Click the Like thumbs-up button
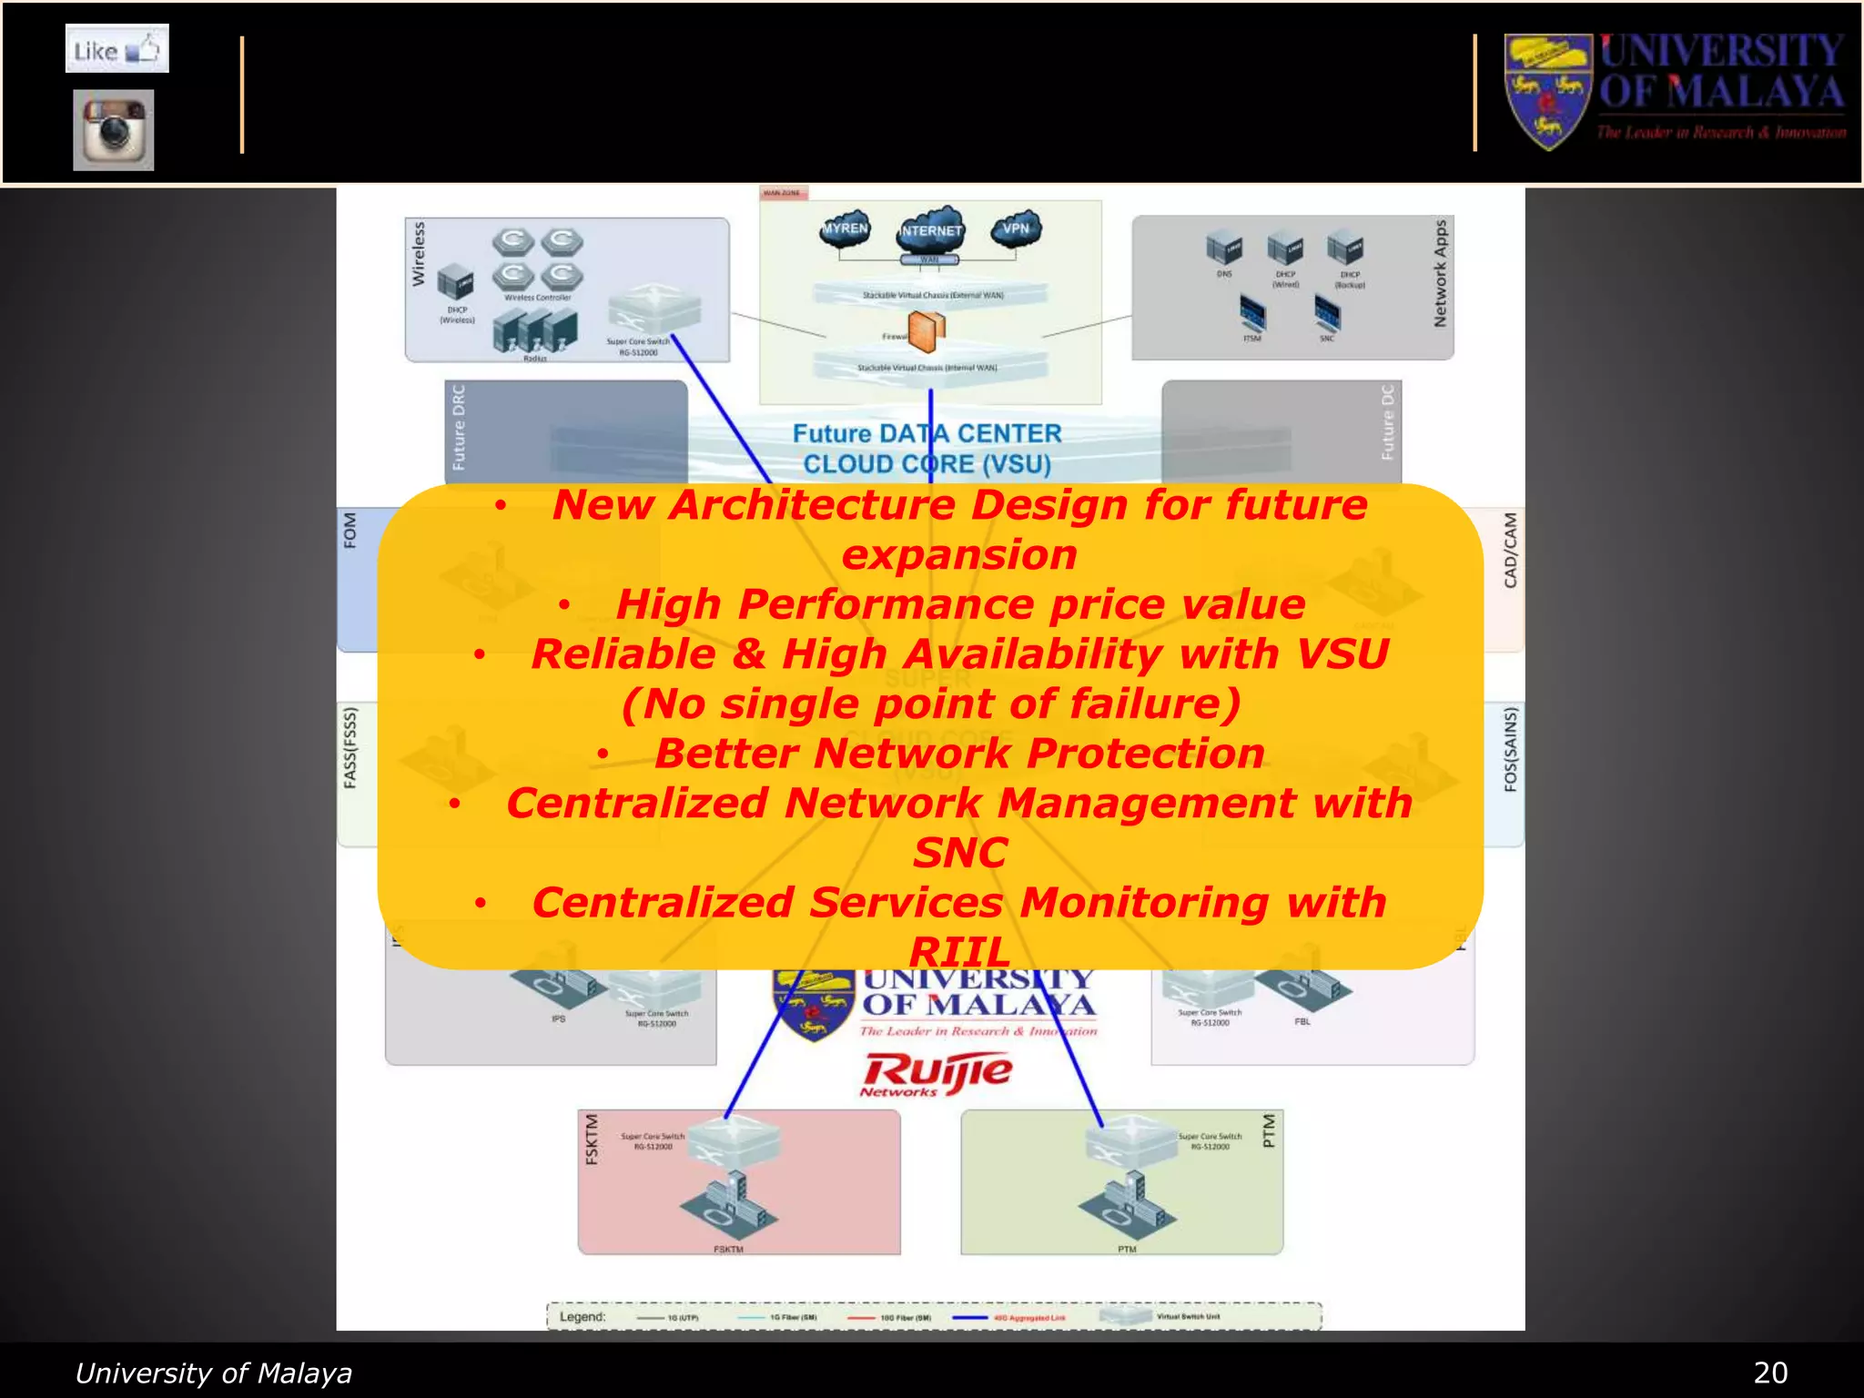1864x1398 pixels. click(x=116, y=49)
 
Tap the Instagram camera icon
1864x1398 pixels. click(x=114, y=129)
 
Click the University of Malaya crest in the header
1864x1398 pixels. click(x=1547, y=91)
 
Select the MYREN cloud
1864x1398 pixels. click(x=846, y=229)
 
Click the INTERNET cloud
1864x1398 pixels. click(x=930, y=230)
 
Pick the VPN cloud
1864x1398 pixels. click(x=1016, y=228)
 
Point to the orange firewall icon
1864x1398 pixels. click(x=927, y=332)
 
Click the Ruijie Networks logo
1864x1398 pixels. click(x=936, y=1074)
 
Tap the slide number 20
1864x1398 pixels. click(x=1769, y=1373)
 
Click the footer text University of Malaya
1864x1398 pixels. click(x=213, y=1373)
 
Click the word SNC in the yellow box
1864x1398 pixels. click(x=959, y=853)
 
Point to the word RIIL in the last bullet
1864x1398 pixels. click(x=959, y=952)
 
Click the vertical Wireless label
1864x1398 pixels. click(x=419, y=254)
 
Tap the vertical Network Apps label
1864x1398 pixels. click(x=1440, y=273)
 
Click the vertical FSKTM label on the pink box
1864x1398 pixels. click(x=592, y=1139)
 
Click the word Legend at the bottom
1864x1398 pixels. click(x=582, y=1317)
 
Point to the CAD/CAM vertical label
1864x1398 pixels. click(x=1510, y=550)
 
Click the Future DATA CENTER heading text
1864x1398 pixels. click(x=927, y=433)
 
